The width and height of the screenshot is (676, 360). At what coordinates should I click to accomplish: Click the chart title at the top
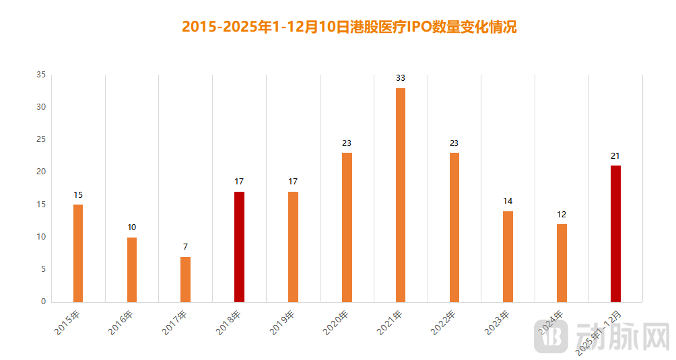click(x=349, y=27)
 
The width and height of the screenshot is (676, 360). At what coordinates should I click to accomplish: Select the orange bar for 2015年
click(x=78, y=253)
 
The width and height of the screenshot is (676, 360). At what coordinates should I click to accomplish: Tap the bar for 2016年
click(x=132, y=269)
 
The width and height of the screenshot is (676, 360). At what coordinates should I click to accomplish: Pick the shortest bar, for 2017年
click(x=186, y=279)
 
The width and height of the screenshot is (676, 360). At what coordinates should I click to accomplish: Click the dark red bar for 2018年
click(x=239, y=246)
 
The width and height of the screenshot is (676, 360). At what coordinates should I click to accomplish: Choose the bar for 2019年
click(x=293, y=246)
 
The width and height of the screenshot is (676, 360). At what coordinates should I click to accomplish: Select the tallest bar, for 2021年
click(x=401, y=195)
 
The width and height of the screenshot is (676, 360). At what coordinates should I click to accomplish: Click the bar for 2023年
click(x=508, y=256)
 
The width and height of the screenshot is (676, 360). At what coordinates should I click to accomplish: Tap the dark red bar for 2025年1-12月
click(x=615, y=233)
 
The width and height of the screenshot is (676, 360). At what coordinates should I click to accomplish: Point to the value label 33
click(x=401, y=78)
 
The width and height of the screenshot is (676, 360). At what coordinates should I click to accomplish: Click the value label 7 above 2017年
click(x=186, y=246)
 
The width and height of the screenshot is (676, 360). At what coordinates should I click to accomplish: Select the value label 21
click(x=615, y=156)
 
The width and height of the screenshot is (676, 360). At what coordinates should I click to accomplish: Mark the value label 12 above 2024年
click(x=562, y=214)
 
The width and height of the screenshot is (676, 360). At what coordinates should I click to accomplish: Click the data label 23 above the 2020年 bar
click(x=347, y=143)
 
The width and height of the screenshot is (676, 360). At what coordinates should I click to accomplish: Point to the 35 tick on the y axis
click(x=41, y=75)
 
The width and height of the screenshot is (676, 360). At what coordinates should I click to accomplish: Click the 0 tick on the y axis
click(x=43, y=301)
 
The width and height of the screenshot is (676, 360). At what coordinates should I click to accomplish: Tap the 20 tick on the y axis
click(x=41, y=172)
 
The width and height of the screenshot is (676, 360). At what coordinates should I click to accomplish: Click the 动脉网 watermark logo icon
click(x=547, y=336)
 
